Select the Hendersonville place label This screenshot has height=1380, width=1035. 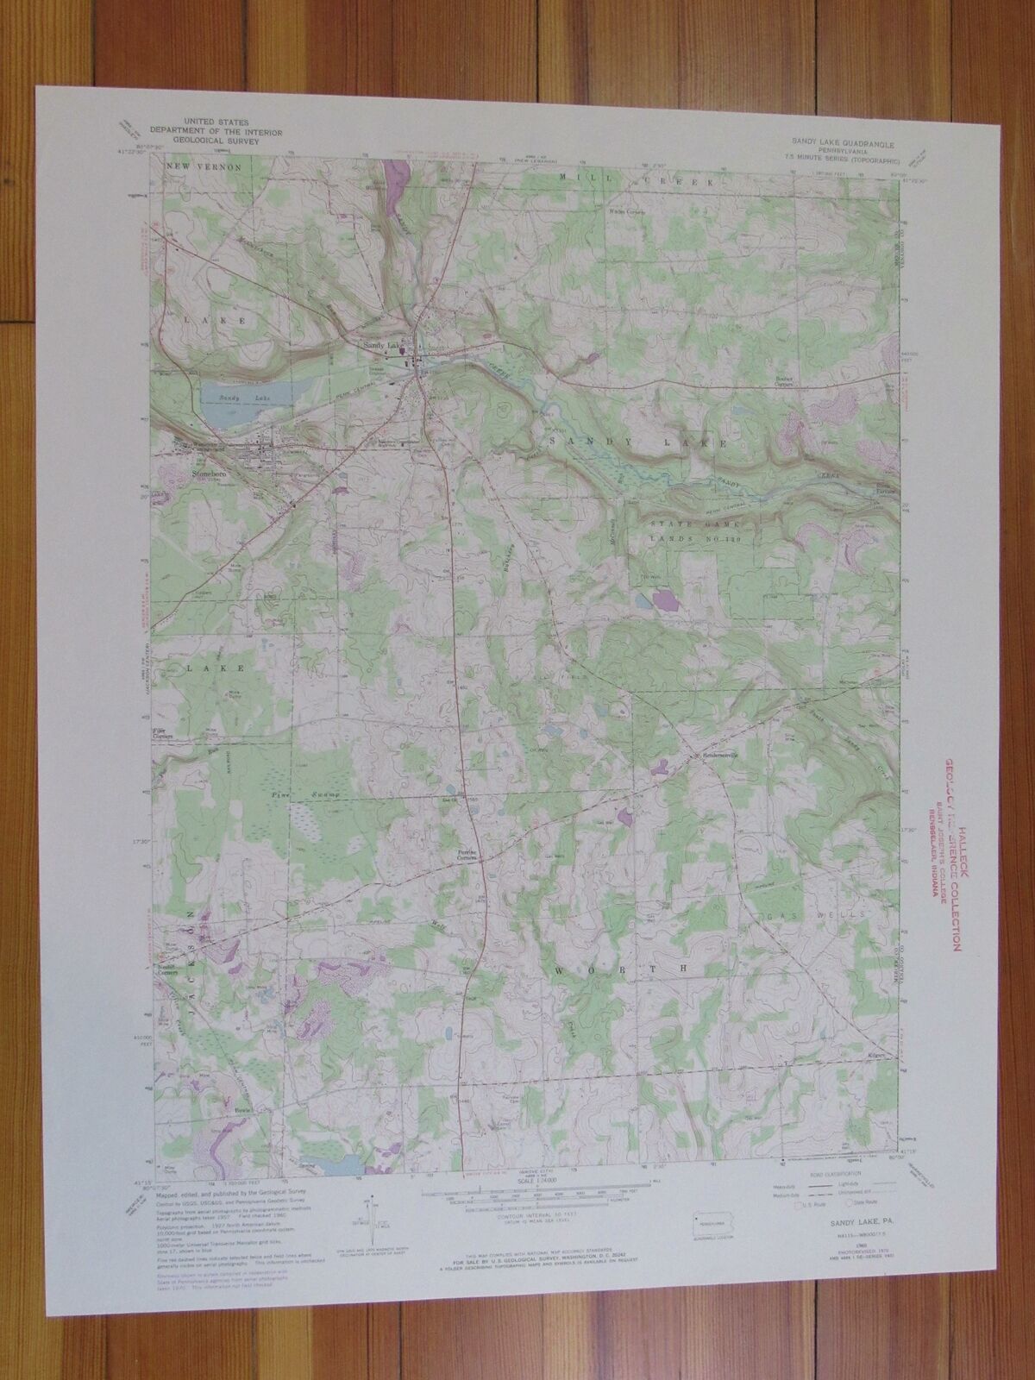[x=724, y=756]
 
